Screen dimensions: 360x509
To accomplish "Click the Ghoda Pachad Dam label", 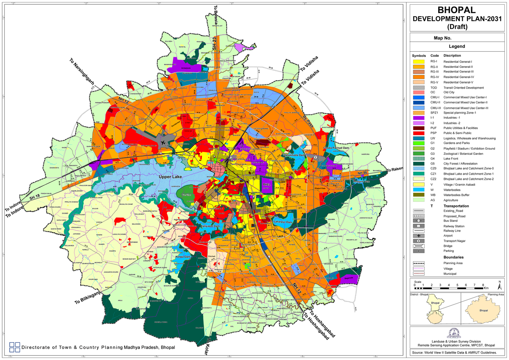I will (x=335, y=148).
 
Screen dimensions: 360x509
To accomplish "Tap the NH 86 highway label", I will (x=361, y=173).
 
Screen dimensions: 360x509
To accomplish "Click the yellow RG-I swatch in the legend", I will (x=419, y=61).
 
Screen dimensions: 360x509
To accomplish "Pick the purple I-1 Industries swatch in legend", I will (x=419, y=117).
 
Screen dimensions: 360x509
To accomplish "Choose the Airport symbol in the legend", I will (x=419, y=235).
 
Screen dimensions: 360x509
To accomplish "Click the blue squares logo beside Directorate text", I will (x=14, y=347).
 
